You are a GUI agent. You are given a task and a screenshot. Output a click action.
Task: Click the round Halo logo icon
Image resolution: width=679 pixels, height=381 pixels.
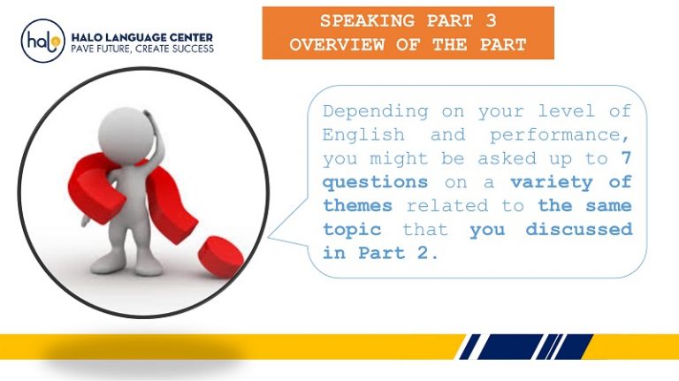pyautogui.click(x=43, y=41)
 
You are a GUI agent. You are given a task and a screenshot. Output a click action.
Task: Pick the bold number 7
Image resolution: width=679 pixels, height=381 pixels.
pyautogui.click(x=626, y=159)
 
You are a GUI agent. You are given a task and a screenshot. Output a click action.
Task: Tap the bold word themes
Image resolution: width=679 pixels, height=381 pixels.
pyautogui.click(x=357, y=206)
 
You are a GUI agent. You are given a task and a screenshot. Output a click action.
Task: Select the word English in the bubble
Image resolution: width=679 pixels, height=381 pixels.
pyautogui.click(x=363, y=136)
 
